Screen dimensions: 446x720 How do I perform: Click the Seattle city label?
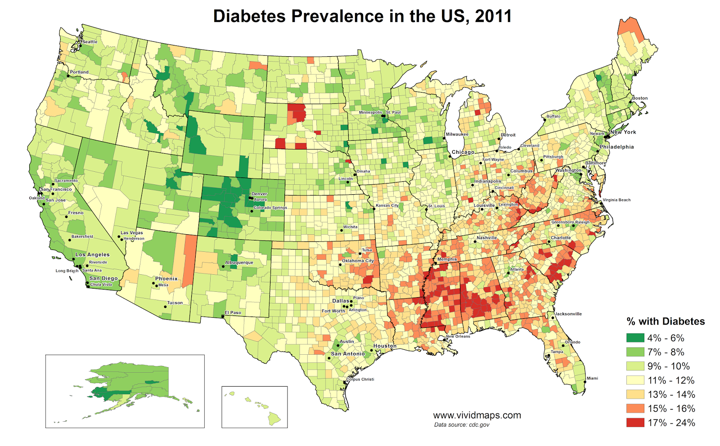(90, 42)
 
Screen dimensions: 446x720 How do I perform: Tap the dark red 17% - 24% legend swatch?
(635, 423)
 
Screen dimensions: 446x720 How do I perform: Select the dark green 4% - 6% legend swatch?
(635, 338)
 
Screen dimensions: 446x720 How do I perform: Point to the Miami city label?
(592, 378)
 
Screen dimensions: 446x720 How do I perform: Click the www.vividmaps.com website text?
(477, 415)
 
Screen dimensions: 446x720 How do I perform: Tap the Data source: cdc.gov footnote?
(461, 425)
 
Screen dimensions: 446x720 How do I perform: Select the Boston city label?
(639, 98)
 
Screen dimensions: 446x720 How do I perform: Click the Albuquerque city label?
(239, 263)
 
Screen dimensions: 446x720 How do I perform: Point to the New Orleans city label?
(458, 336)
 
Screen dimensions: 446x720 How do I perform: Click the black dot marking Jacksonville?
(553, 318)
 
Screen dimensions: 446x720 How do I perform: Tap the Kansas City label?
(387, 205)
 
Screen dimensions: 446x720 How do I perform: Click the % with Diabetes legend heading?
(666, 321)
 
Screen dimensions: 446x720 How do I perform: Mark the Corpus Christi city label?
(360, 379)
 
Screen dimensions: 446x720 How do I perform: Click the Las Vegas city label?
(132, 233)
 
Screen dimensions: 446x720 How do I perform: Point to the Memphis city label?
(447, 259)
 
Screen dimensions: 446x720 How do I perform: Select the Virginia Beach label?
(616, 200)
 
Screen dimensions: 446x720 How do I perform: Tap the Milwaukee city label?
(457, 134)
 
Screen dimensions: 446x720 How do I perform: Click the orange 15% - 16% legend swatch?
(635, 409)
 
